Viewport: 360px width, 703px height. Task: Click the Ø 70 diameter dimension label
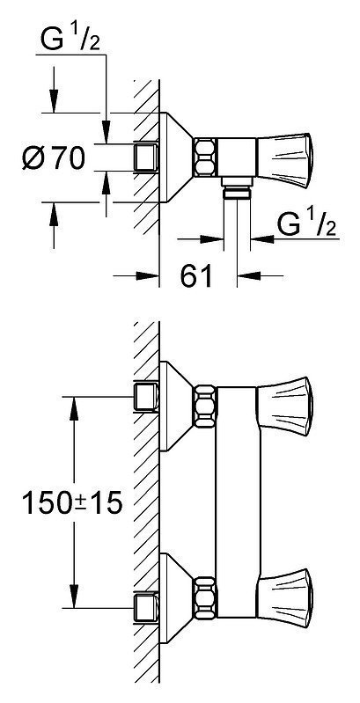[54, 157]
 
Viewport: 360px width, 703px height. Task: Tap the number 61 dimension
[196, 275]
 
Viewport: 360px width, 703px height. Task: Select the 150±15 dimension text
[72, 503]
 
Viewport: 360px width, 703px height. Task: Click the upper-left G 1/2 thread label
[70, 39]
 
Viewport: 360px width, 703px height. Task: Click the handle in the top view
[283, 161]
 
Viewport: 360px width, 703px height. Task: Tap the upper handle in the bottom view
[283, 406]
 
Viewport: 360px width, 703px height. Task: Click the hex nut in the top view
[205, 157]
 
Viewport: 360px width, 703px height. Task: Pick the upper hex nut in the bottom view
[205, 406]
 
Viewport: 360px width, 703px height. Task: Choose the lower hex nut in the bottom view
[205, 597]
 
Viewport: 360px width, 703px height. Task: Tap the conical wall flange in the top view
[177, 157]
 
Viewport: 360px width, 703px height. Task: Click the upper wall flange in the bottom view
[177, 406]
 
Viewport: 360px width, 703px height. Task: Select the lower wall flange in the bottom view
[177, 598]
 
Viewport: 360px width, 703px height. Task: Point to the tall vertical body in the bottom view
[238, 502]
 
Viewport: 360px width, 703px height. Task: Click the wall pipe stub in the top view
[146, 157]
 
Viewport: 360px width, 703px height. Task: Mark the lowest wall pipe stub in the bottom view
[146, 607]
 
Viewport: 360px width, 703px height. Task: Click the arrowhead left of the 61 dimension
[148, 275]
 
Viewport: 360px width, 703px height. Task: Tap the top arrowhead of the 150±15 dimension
[75, 408]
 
